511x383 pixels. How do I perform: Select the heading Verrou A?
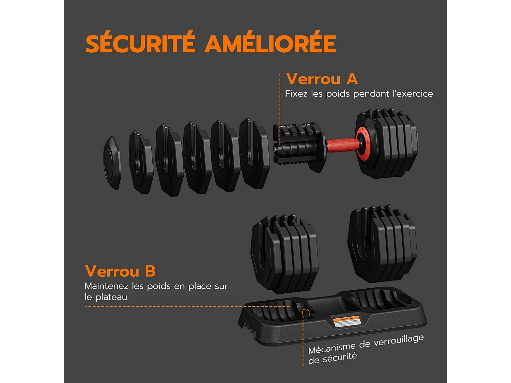tap(322, 79)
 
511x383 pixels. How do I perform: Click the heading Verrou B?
tap(120, 271)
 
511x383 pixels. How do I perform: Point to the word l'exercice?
tap(413, 94)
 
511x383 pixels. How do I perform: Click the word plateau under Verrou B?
tap(111, 297)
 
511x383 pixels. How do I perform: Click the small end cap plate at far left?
tap(112, 163)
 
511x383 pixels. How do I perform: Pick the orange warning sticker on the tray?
tap(346, 322)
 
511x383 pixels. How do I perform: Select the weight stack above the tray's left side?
tap(284, 254)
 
